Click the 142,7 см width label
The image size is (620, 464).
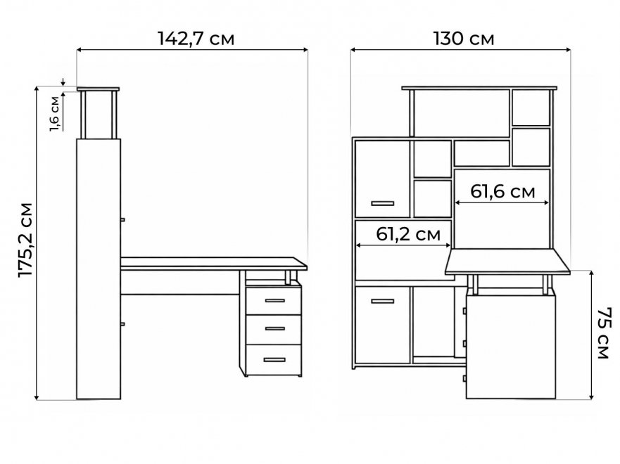tap(196, 39)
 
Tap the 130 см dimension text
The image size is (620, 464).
tap(464, 39)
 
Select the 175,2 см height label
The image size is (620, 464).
tap(26, 240)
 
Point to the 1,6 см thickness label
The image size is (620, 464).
tap(55, 114)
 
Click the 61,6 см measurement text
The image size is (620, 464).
tap(502, 191)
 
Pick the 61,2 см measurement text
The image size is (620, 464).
tap(408, 234)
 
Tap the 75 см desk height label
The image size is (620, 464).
tap(604, 333)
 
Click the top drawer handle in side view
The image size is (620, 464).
tap(274, 300)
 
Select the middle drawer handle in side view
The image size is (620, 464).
tap(274, 328)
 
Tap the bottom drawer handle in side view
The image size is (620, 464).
tap(274, 360)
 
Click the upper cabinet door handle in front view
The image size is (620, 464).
tap(382, 203)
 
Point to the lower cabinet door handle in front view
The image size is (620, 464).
tap(382, 302)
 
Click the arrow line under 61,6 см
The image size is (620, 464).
tap(502, 202)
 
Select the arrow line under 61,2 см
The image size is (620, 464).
tap(403, 245)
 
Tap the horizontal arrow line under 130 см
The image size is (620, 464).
tap(461, 50)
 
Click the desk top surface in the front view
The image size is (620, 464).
tap(507, 262)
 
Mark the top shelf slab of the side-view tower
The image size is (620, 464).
tap(98, 89)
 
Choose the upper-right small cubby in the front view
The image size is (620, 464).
tap(531, 108)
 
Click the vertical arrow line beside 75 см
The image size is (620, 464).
tap(590, 335)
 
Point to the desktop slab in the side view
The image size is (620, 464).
tap(213, 264)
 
